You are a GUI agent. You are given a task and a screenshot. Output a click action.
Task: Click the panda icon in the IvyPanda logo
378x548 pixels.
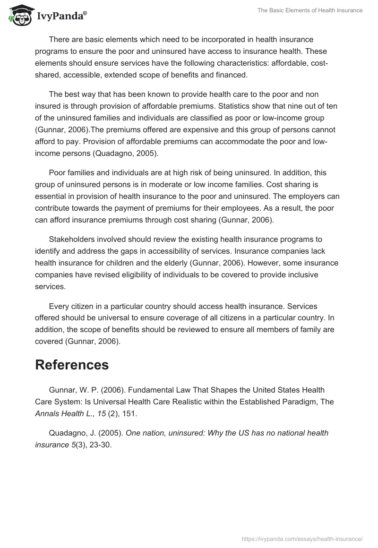(18, 15)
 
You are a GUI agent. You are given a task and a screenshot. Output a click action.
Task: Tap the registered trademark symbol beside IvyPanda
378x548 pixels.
(85, 14)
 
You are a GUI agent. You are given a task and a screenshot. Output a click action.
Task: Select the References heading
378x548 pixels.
(72, 365)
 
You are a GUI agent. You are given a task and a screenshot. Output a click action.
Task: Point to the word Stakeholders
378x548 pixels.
(72, 240)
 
